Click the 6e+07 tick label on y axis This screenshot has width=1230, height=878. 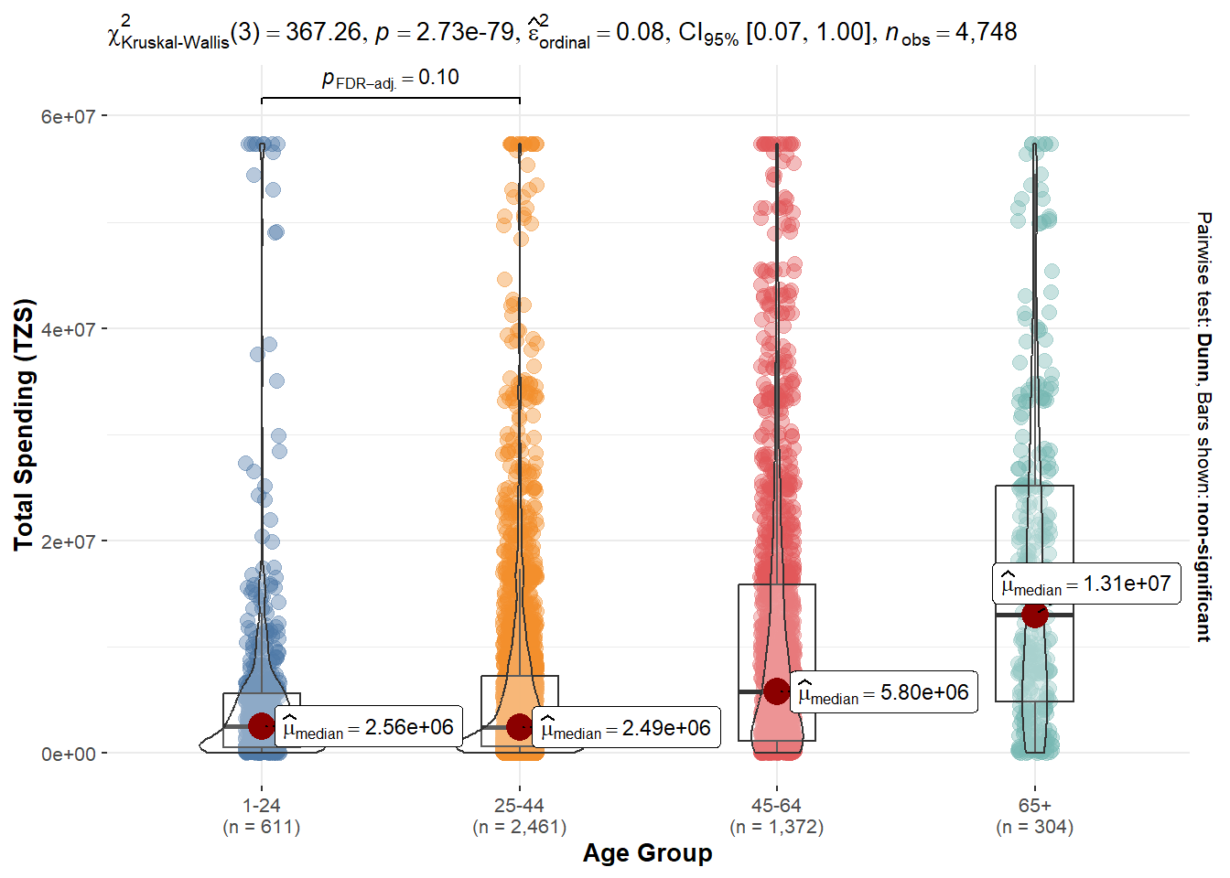point(68,116)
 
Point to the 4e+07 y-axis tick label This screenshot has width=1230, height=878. point(68,329)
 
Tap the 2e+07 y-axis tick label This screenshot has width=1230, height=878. point(68,541)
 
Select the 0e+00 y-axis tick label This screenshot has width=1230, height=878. point(68,755)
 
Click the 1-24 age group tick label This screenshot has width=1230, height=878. point(262,806)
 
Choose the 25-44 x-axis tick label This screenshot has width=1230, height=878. point(519,806)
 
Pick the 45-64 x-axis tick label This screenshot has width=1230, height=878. point(776,806)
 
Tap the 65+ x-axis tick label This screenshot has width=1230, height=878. point(1035,806)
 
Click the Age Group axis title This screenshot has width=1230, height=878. point(647,853)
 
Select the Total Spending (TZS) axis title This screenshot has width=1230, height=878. point(24,424)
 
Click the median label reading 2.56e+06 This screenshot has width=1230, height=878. point(369,728)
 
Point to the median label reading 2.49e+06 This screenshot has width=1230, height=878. point(627,729)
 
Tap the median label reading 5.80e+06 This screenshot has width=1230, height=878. point(884,693)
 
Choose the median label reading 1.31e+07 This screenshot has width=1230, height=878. point(1086,584)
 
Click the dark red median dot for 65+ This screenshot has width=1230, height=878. point(1035,615)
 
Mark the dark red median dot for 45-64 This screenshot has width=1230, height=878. point(777,691)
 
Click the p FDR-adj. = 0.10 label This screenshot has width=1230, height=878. point(391,79)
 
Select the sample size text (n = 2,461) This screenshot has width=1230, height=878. point(519,828)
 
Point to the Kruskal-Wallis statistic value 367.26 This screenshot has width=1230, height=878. point(323,32)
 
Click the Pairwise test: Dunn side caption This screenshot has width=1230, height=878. point(1204,426)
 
